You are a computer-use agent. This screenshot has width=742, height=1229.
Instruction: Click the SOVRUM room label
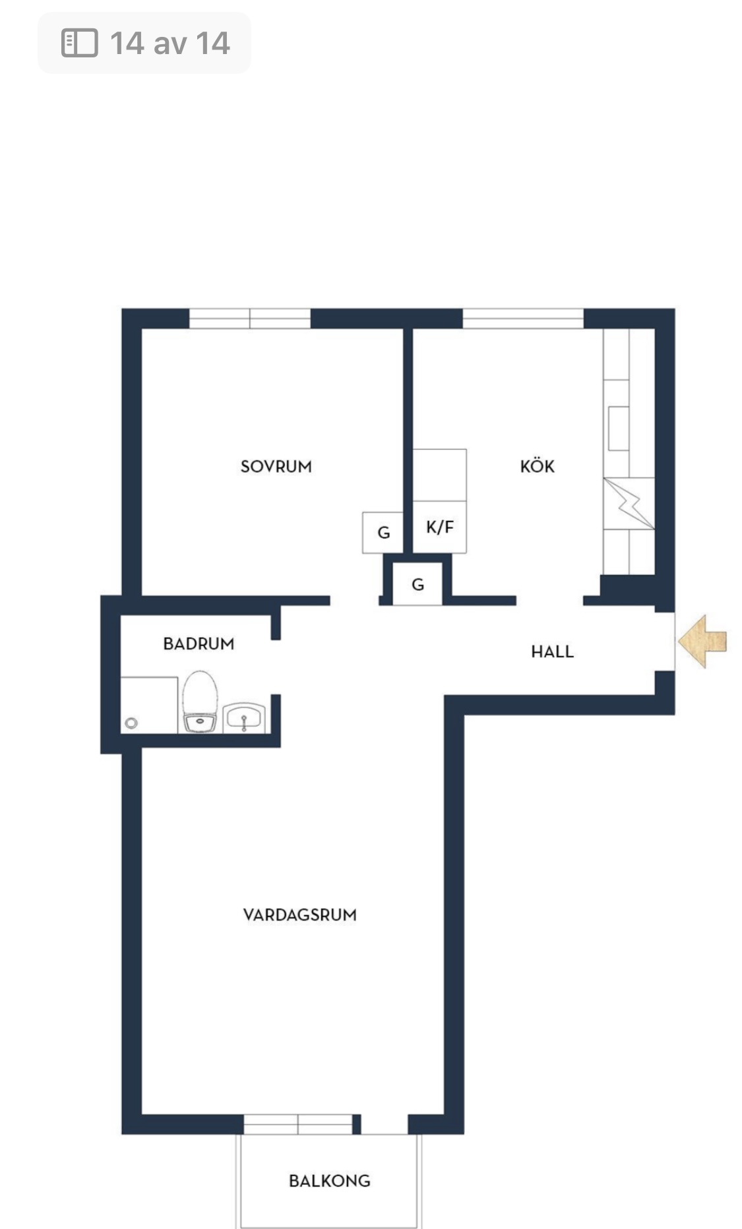(276, 467)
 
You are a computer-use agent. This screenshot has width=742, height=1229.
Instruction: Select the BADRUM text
(199, 644)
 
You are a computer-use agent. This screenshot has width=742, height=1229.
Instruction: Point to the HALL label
(552, 652)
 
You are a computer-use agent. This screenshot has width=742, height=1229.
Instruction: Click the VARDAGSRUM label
(299, 915)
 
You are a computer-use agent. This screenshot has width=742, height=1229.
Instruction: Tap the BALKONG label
(329, 1181)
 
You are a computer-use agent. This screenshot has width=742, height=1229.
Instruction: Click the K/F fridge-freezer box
(439, 527)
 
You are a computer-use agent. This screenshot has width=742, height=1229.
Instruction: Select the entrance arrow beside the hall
(702, 641)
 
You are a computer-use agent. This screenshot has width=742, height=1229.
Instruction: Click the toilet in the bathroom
(200, 703)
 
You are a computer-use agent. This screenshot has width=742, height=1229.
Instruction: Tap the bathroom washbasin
(244, 718)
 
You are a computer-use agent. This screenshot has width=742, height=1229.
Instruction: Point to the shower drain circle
(131, 723)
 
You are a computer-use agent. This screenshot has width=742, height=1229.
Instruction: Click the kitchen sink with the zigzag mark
(629, 504)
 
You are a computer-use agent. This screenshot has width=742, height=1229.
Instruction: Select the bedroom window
(250, 318)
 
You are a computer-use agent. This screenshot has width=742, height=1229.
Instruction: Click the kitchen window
(523, 318)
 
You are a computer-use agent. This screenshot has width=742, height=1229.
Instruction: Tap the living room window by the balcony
(298, 1124)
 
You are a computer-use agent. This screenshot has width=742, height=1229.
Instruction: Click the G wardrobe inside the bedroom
(383, 533)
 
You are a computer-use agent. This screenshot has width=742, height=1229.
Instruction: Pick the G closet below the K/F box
(417, 584)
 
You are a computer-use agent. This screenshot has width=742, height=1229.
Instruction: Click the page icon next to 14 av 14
(79, 43)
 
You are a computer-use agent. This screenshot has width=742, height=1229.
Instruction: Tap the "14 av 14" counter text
(170, 44)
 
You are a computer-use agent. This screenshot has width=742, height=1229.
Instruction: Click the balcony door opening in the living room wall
(385, 1124)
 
